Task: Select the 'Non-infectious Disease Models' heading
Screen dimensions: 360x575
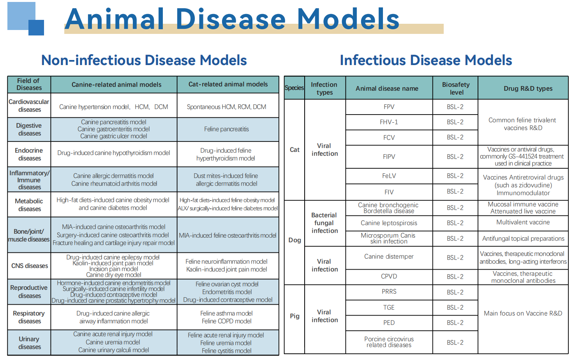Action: [x=144, y=60]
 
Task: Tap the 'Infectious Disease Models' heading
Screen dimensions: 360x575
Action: [x=426, y=60]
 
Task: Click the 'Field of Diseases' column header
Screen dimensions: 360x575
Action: [x=29, y=84]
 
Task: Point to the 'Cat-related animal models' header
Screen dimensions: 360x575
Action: [x=228, y=84]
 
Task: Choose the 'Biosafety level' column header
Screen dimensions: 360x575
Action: [x=455, y=88]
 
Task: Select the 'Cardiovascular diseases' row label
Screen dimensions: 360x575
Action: [x=29, y=106]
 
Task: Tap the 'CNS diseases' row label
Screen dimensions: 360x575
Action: [x=30, y=266]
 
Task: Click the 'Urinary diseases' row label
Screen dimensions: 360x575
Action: [x=29, y=343]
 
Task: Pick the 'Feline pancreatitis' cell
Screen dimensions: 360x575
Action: [x=226, y=129]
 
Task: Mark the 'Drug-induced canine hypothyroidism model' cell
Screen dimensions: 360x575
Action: [x=114, y=153]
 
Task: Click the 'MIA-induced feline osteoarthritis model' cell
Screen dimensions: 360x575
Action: [x=228, y=235]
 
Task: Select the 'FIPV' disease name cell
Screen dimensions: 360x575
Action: [x=389, y=157]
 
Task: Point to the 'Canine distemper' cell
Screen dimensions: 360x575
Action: [x=389, y=256]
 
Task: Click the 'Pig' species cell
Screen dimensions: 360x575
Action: [x=295, y=316]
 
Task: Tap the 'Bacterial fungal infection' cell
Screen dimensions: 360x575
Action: [x=325, y=223]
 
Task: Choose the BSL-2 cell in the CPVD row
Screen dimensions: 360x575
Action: [x=455, y=277]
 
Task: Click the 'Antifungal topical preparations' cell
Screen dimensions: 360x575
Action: [x=523, y=238]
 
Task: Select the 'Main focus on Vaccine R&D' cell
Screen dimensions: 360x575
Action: [x=523, y=313]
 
